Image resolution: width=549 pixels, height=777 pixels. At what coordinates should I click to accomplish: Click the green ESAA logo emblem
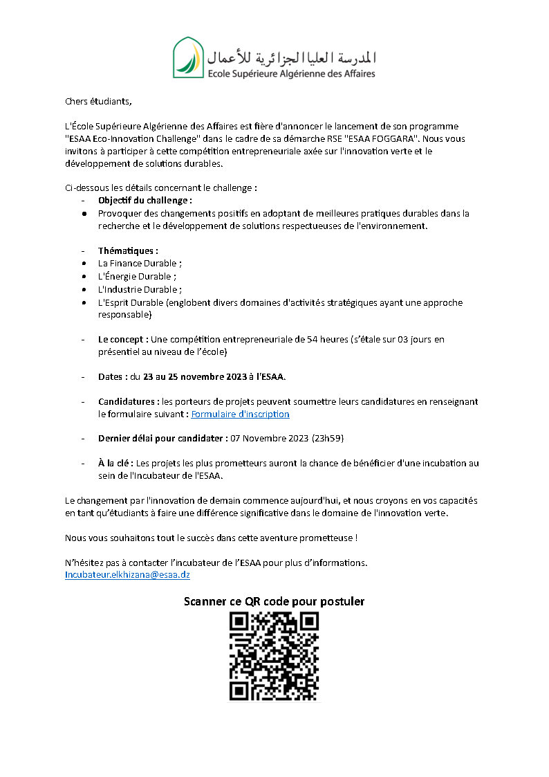[188, 57]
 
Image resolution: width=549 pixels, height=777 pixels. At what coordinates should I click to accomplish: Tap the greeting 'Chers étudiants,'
[97, 101]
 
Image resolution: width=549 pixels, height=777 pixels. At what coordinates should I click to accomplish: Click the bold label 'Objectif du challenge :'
[145, 201]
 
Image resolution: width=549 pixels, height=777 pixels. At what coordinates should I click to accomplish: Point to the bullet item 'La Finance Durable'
[139, 264]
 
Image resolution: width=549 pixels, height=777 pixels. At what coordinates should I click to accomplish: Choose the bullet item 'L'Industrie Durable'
[139, 289]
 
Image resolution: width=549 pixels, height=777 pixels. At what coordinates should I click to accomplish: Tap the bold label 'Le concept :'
[123, 340]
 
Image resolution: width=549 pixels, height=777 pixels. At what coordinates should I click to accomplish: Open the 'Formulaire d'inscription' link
[240, 414]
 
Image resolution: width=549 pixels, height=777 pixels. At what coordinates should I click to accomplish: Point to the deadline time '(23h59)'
[327, 439]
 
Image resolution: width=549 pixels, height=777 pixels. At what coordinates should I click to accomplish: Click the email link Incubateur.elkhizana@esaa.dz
[127, 575]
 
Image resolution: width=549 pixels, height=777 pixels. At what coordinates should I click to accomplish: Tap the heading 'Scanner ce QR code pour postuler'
[274, 601]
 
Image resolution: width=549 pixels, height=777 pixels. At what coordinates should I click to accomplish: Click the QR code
[274, 656]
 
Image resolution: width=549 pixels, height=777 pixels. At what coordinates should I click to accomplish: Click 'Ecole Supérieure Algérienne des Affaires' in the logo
[292, 73]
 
